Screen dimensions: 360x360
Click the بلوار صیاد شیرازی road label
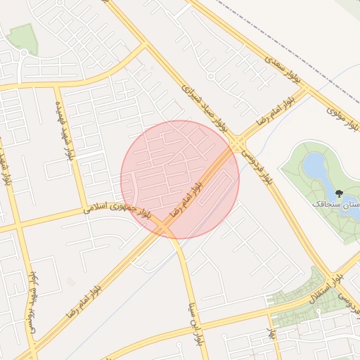tap(205, 107)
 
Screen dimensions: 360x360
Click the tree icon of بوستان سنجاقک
tap(340, 193)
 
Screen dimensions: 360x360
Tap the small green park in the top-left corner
tap(23, 39)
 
